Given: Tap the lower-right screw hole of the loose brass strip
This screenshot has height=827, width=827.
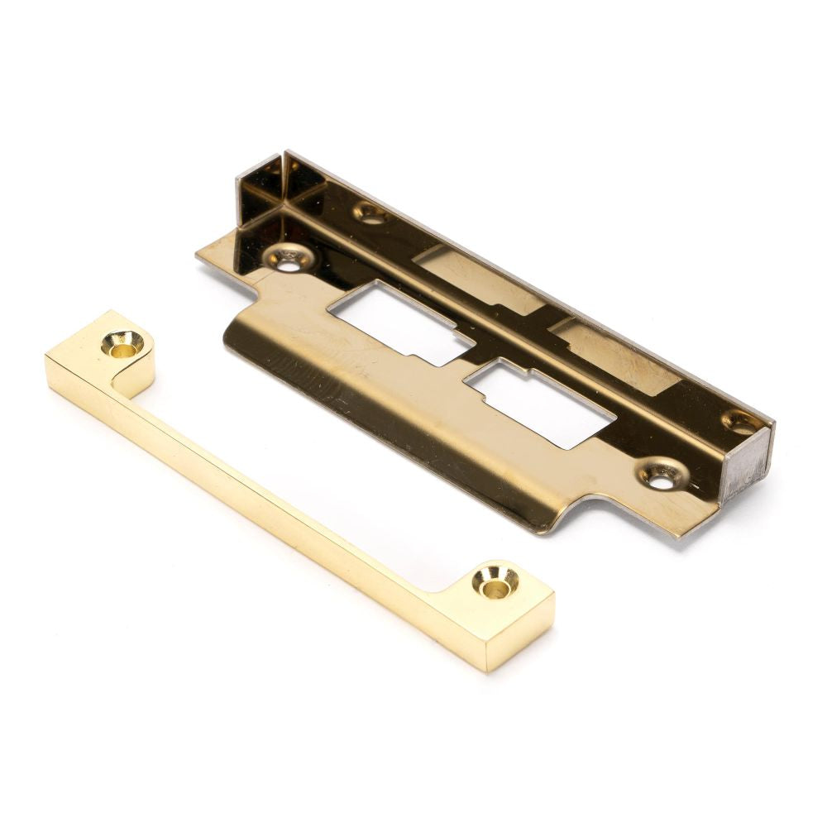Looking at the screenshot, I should tap(495, 583).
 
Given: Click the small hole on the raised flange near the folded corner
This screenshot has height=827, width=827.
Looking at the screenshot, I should tap(370, 213).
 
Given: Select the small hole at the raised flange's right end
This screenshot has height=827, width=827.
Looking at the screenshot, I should tap(739, 422).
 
